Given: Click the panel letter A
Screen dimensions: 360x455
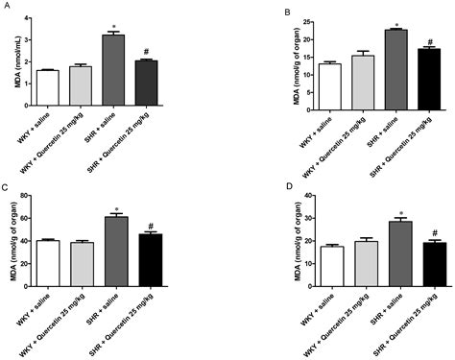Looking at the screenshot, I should coord(6,7).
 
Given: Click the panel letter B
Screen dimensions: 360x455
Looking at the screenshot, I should coord(237,8).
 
